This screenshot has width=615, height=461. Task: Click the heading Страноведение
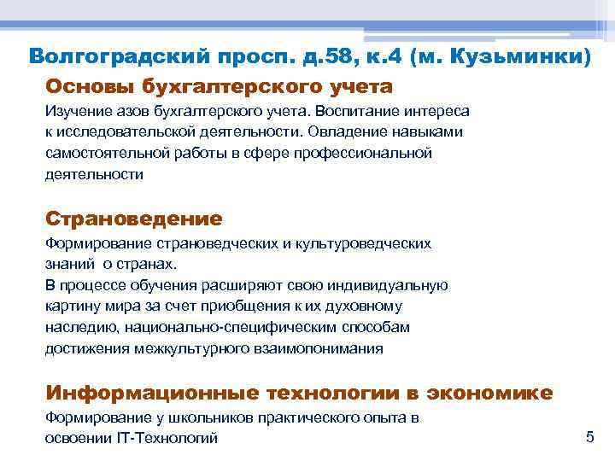pos(133,219)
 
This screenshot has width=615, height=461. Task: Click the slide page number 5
pos(589,437)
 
